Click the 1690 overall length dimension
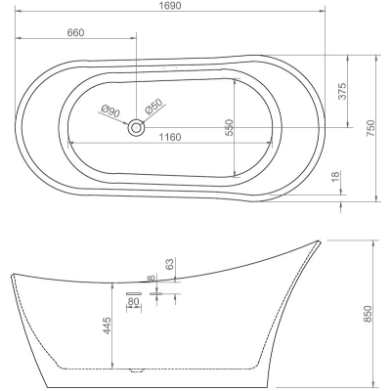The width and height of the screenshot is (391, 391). (x=171, y=6)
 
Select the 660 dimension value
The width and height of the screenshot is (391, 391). (x=75, y=32)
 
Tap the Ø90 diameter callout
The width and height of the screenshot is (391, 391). (x=110, y=111)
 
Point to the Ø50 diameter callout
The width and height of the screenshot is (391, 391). (x=153, y=107)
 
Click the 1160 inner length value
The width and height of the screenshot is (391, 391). (x=170, y=137)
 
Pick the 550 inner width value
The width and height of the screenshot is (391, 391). (x=230, y=128)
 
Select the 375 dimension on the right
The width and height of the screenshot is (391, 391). (x=342, y=91)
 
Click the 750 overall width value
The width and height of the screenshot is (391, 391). (x=371, y=128)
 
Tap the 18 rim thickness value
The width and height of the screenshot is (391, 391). (x=335, y=176)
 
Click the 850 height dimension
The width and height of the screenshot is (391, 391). (x=368, y=314)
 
